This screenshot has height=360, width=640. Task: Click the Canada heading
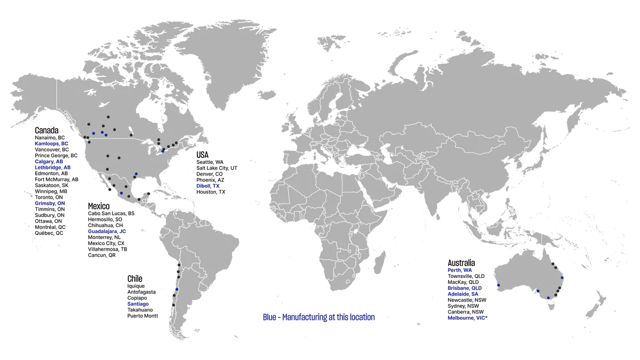(46, 130)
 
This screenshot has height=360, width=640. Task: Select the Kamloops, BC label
(52, 144)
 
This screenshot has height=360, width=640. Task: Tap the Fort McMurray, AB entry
(57, 179)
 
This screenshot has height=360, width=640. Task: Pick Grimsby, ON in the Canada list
(50, 203)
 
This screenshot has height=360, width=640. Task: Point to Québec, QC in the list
(49, 233)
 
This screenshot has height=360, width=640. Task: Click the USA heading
(203, 155)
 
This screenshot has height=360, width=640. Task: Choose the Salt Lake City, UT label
(217, 168)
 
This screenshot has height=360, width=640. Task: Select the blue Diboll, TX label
(208, 186)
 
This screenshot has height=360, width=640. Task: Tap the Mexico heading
(99, 206)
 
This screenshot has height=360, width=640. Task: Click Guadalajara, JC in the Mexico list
(107, 231)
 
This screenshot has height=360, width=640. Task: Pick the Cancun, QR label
(102, 255)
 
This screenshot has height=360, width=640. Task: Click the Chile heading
(135, 279)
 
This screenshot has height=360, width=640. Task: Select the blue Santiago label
(138, 304)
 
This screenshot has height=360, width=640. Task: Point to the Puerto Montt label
(142, 316)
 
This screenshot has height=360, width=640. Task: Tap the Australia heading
(461, 263)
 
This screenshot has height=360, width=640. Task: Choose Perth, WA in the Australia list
(460, 270)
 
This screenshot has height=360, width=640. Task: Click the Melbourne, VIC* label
(468, 318)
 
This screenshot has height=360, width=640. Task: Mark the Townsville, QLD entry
(466, 276)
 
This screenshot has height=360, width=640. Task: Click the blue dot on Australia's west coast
(498, 285)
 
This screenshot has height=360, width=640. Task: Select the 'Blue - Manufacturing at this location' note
(319, 317)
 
